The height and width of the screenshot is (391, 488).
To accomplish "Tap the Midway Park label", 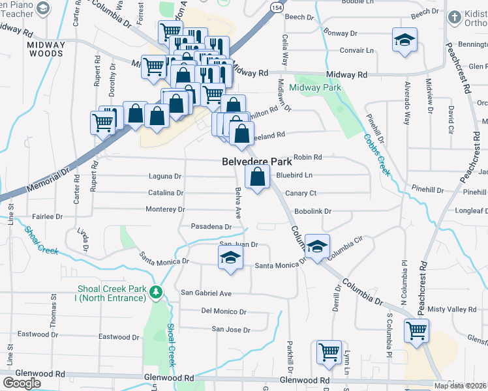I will (x=315, y=87).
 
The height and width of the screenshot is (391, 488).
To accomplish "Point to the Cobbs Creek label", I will (x=377, y=154).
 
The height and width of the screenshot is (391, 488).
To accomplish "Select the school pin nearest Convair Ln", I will (x=404, y=40).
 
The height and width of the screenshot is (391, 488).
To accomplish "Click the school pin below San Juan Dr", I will (x=230, y=259).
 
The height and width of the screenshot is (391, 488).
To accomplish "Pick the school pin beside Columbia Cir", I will (x=317, y=246).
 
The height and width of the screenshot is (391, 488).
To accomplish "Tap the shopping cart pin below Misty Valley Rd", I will (x=416, y=330).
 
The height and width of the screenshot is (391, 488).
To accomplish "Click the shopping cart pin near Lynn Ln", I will (x=329, y=352).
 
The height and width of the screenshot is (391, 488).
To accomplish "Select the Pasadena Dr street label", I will (x=211, y=227).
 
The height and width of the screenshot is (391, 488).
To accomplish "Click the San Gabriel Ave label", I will (x=206, y=293).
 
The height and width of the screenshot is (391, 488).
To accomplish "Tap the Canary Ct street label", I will (x=301, y=193).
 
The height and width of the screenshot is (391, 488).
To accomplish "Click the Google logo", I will (x=22, y=383).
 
